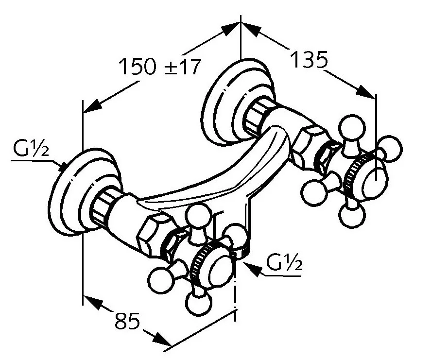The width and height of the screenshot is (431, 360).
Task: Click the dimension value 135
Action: point(309,60)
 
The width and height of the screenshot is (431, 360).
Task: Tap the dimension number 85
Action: point(127,321)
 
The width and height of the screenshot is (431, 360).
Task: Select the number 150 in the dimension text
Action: point(138,67)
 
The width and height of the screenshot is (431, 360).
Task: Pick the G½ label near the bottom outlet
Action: point(284,263)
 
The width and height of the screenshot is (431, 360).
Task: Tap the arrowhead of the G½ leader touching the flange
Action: point(63,167)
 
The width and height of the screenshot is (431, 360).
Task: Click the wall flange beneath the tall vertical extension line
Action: point(239,102)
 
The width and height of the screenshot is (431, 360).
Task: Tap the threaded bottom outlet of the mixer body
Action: point(241,251)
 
